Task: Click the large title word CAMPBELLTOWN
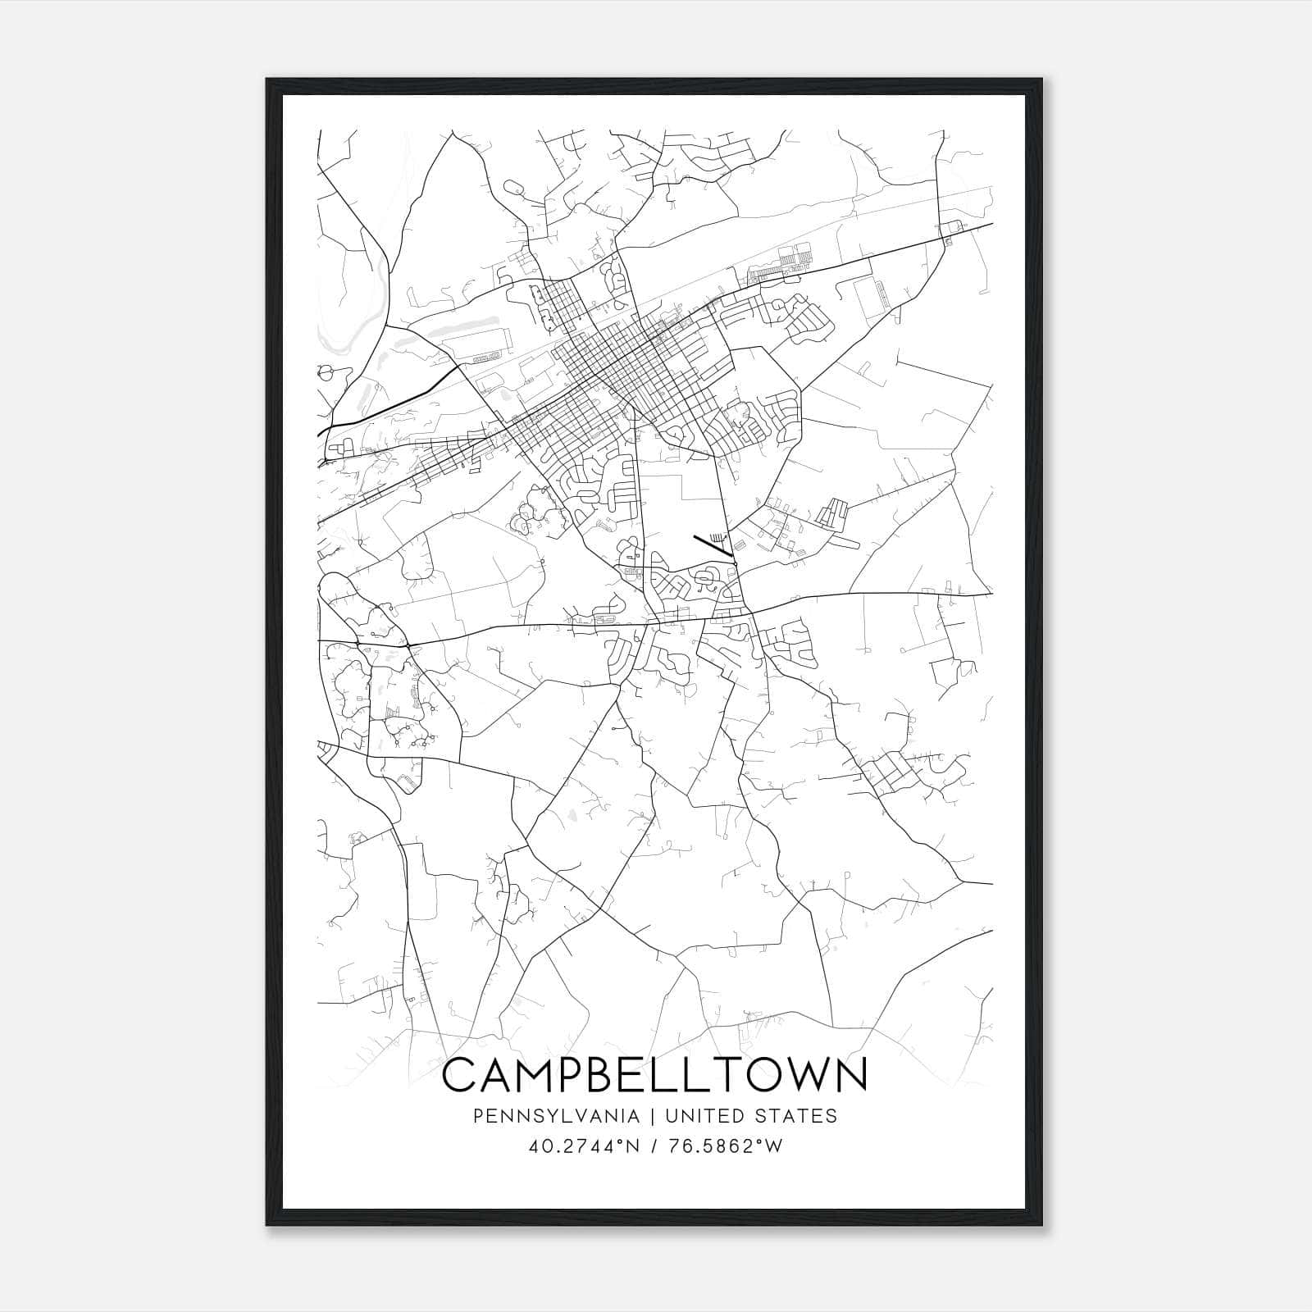(654, 1075)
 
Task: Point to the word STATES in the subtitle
(795, 1116)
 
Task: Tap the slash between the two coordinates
(654, 1146)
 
